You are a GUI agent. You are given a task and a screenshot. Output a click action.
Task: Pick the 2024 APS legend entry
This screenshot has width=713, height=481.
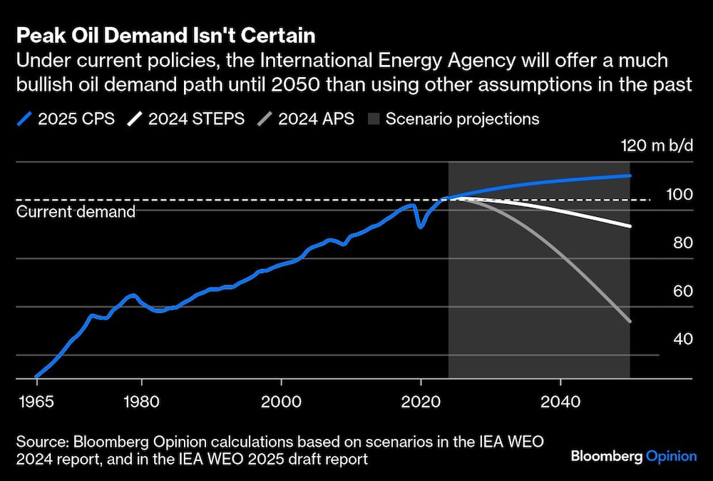tap(308, 118)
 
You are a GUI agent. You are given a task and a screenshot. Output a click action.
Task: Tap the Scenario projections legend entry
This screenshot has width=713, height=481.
tap(453, 118)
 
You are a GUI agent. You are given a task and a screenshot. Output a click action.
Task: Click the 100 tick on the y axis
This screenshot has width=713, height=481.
tap(677, 195)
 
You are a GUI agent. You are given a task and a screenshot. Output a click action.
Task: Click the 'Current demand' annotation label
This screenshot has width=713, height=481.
tap(76, 212)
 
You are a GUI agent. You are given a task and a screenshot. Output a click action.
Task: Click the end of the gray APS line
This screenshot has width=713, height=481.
tap(630, 321)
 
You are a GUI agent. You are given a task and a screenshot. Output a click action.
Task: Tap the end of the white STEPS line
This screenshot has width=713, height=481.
tap(630, 226)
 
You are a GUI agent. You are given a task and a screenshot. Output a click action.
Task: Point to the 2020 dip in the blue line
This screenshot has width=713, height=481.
tap(421, 227)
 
